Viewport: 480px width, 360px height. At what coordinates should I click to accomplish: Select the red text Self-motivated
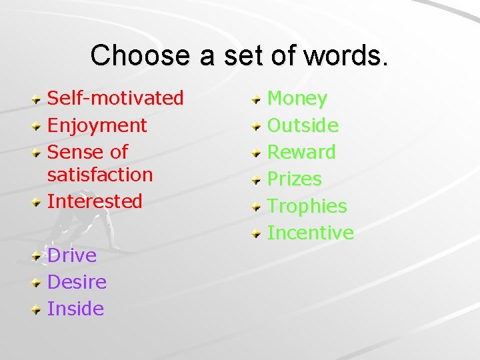[x=115, y=98]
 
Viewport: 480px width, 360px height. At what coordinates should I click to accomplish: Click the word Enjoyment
[x=97, y=125]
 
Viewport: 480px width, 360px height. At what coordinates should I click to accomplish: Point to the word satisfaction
[x=100, y=175]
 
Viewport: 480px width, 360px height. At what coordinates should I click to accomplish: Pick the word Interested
[x=95, y=201]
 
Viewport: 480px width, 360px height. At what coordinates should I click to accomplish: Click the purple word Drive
[x=72, y=255]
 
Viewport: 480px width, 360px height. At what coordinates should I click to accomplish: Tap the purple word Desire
[x=77, y=282]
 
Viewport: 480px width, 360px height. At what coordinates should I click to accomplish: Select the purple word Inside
[x=75, y=309]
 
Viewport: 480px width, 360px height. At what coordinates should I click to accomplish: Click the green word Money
[x=297, y=99]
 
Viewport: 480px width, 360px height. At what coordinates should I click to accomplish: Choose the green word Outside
[x=303, y=125]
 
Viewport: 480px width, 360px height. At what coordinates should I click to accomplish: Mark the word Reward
[x=301, y=152]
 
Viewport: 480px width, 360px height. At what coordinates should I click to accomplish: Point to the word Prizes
[x=294, y=179]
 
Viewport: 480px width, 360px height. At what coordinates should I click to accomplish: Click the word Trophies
[x=307, y=206]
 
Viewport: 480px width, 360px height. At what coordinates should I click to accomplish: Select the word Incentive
[x=310, y=233]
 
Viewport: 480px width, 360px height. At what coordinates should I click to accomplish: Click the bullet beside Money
[x=257, y=99]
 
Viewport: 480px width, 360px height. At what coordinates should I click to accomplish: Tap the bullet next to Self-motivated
[x=37, y=99]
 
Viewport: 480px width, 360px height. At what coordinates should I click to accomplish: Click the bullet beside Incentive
[x=257, y=233]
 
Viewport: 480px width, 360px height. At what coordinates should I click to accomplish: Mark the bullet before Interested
[x=37, y=202]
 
